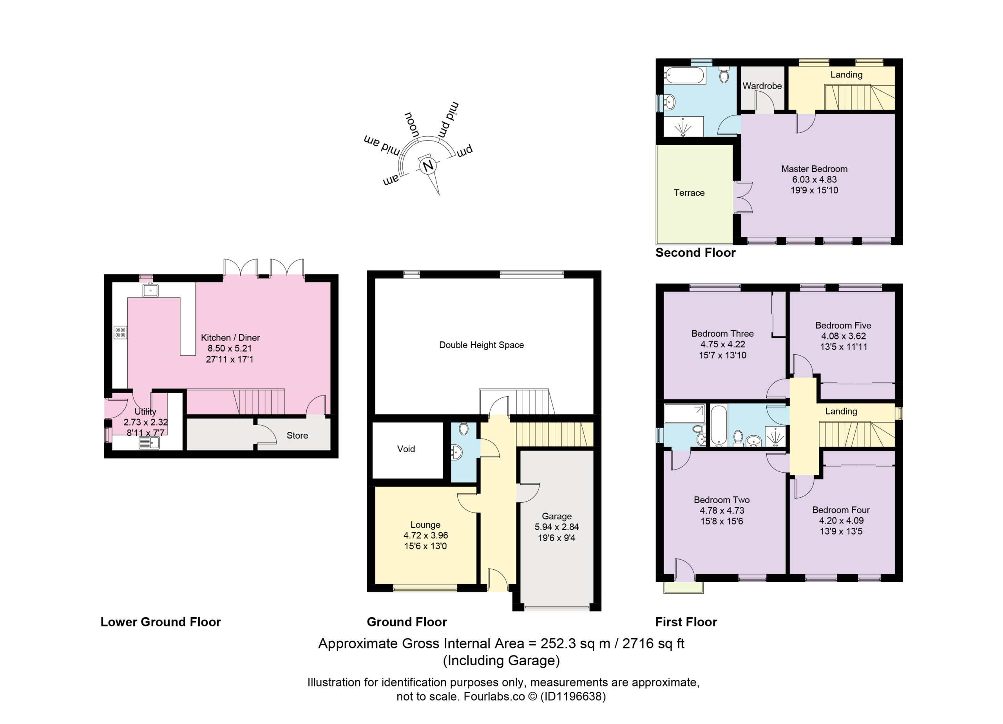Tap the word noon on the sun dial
pyautogui.click(x=412, y=124)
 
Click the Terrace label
pyautogui.click(x=689, y=193)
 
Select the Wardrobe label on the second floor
pyautogui.click(x=762, y=86)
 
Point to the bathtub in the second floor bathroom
pyautogui.click(x=684, y=75)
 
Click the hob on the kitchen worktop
pyautogui.click(x=120, y=332)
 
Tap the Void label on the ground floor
pyautogui.click(x=406, y=449)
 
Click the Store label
pyautogui.click(x=297, y=435)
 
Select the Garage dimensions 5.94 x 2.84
pyautogui.click(x=557, y=527)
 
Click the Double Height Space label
pyautogui.click(x=482, y=345)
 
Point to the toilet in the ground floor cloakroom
pyautogui.click(x=463, y=428)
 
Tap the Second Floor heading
pyautogui.click(x=695, y=253)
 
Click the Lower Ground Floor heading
pyautogui.click(x=161, y=622)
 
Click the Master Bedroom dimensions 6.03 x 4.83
pyautogui.click(x=814, y=179)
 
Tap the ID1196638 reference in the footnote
pyautogui.click(x=573, y=697)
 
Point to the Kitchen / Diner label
pyautogui.click(x=230, y=338)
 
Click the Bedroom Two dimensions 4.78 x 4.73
pyautogui.click(x=722, y=511)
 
